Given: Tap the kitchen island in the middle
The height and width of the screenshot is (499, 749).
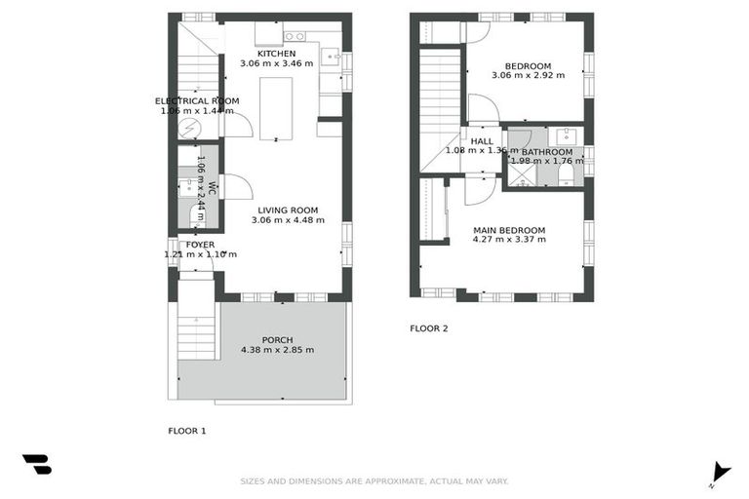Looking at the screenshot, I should [275, 107].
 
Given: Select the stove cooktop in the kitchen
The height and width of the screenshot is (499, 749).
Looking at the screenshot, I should [294, 37].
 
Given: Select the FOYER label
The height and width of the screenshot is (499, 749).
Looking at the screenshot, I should [200, 245].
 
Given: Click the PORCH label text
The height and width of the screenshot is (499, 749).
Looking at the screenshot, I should [277, 340].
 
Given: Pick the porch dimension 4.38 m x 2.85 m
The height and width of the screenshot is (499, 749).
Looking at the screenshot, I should [277, 351].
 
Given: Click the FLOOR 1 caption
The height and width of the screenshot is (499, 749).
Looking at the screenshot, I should [187, 430].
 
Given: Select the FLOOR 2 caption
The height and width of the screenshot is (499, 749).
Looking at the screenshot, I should [428, 328].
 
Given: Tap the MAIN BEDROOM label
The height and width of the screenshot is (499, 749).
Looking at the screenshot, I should [509, 231].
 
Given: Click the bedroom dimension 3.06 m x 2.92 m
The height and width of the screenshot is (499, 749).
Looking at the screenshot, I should [528, 75].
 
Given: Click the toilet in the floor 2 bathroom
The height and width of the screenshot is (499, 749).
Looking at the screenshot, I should [566, 173].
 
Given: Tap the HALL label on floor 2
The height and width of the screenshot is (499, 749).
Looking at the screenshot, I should [481, 141].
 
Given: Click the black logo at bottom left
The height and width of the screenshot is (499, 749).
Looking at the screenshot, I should [36, 464].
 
